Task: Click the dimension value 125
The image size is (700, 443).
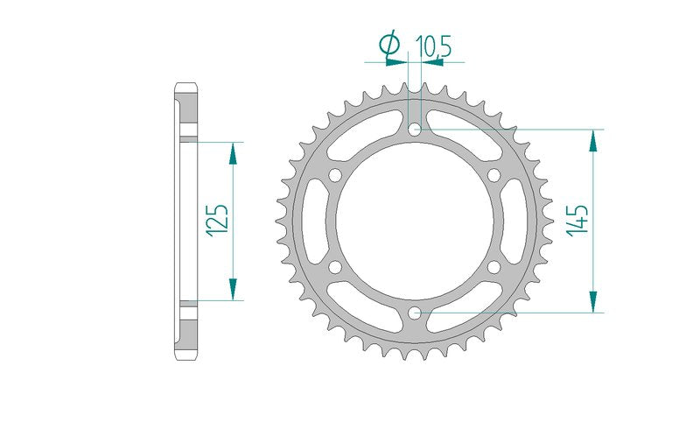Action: [217, 219]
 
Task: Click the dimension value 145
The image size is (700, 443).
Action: [577, 221]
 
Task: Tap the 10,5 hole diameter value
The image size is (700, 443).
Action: [433, 46]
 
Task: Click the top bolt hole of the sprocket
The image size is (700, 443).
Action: [415, 130]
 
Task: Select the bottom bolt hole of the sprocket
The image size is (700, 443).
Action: [415, 313]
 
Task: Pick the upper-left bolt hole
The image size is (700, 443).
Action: [335, 175]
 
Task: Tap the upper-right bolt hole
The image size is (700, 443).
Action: [494, 175]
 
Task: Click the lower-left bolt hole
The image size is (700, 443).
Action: [335, 267]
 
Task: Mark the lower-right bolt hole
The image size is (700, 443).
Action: [494, 267]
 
